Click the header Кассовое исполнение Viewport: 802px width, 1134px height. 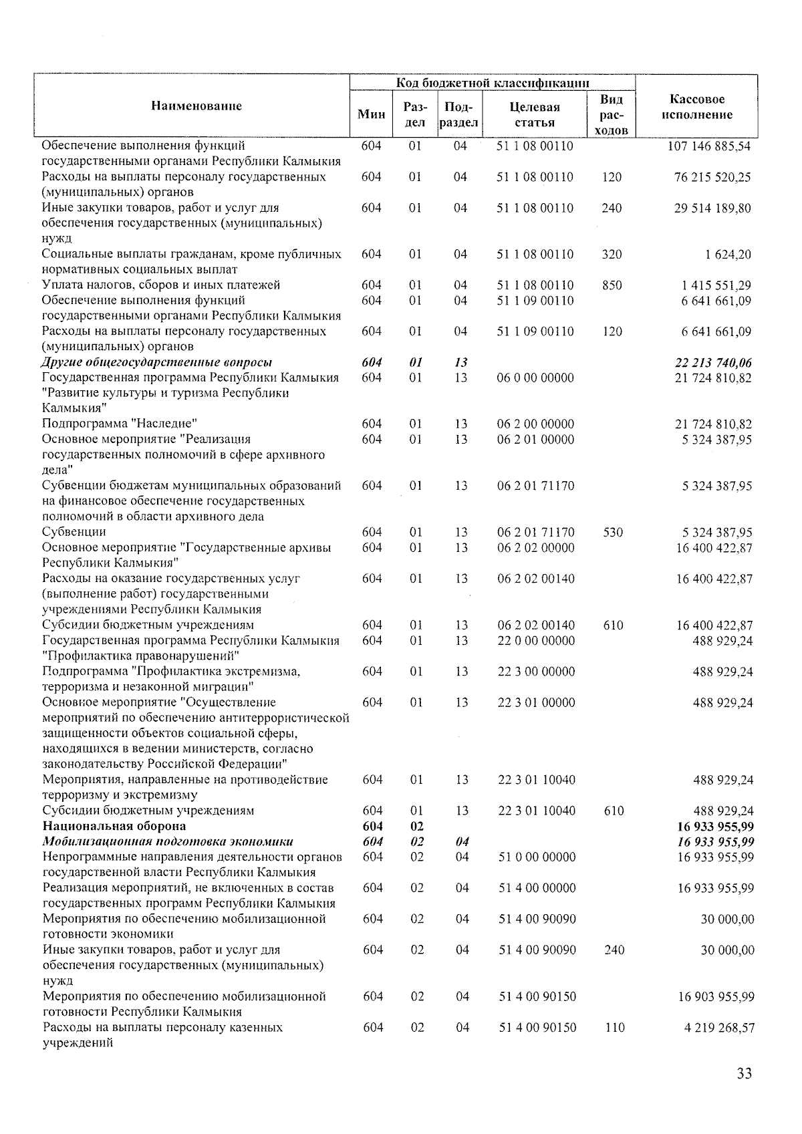pos(696,107)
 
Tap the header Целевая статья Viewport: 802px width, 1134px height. pos(534,114)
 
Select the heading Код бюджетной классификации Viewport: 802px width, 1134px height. pos(493,83)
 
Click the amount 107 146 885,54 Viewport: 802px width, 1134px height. pos(709,146)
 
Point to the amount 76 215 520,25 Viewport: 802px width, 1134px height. pos(712,177)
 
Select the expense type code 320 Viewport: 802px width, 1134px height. pos(612,254)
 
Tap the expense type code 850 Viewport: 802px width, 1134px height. pos(612,285)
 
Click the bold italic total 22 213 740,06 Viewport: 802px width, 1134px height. pos(713,363)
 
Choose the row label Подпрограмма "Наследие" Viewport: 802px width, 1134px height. pos(120,424)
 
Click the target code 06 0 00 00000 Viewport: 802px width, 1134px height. pos(535,378)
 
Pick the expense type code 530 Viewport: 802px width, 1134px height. pos(612,533)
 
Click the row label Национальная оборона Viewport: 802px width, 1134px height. pos(114,827)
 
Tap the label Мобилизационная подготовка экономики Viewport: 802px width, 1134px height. pos(168,842)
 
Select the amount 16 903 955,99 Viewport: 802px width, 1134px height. pos(716,996)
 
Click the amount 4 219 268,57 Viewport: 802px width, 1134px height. pos(719,1028)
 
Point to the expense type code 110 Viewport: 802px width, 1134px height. pos(614,1028)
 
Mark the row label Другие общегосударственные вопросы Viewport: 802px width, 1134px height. pos(156,363)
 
